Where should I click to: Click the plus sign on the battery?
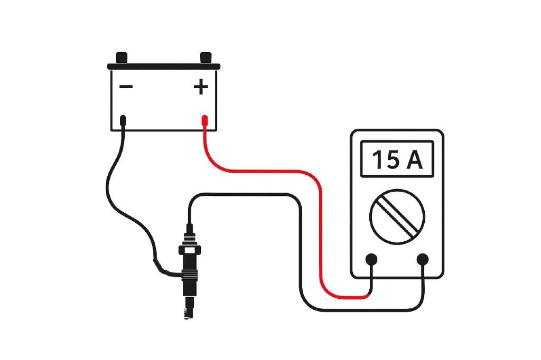(201, 86)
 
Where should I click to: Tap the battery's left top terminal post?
(122, 57)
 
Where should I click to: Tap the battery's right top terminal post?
(206, 57)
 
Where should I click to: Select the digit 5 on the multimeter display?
(393, 159)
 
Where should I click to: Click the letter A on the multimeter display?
(414, 159)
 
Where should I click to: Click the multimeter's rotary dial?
(397, 216)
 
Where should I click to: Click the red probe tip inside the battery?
(205, 122)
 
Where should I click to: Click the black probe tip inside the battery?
(123, 122)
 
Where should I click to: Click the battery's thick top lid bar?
(164, 67)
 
